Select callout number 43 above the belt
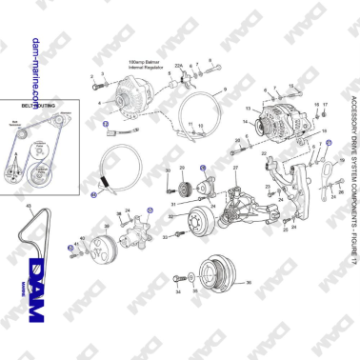[x=30, y=206]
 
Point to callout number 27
[x=235, y=169]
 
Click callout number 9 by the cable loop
[x=225, y=89]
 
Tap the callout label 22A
[x=177, y=65]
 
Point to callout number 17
[x=325, y=104]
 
